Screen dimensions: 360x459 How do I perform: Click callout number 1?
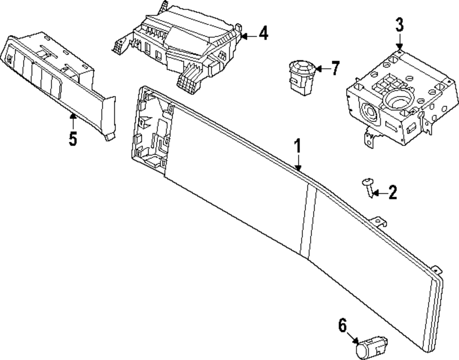[297, 147]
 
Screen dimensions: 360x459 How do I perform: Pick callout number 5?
[73, 138]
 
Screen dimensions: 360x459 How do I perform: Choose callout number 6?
[342, 326]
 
